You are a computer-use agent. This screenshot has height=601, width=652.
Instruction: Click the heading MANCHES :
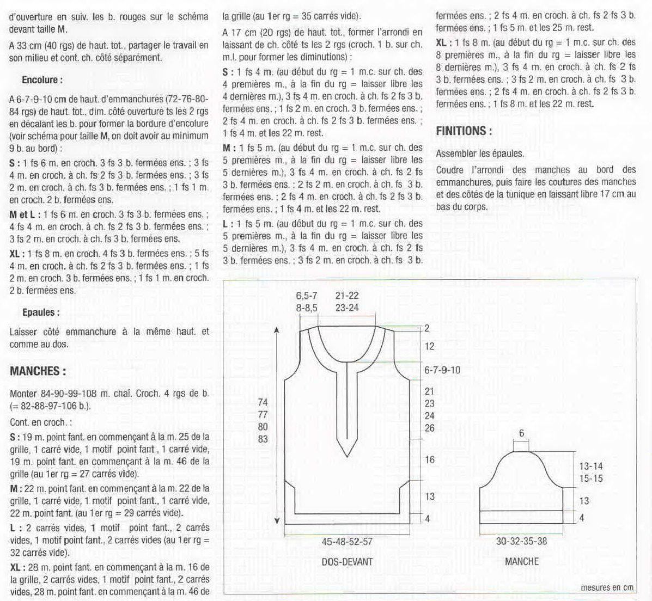(x=38, y=371)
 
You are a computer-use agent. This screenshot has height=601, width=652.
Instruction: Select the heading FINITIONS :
(x=464, y=131)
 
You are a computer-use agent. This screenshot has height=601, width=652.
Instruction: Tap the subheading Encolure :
(x=42, y=80)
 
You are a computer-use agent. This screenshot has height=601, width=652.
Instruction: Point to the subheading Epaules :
(x=41, y=312)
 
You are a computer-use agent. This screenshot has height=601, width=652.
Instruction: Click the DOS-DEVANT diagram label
(x=347, y=561)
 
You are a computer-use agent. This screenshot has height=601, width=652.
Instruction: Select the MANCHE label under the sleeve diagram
(x=521, y=561)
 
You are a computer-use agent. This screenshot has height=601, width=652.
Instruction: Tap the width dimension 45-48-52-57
(x=347, y=541)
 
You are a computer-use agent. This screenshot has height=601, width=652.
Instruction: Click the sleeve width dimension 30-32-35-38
(x=521, y=541)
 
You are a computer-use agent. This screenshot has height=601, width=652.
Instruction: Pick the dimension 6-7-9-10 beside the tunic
(x=442, y=370)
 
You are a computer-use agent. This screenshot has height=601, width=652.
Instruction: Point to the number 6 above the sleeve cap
(x=521, y=433)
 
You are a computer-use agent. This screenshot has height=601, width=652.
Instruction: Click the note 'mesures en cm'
(x=607, y=587)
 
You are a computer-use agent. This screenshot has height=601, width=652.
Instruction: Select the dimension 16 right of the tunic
(x=430, y=460)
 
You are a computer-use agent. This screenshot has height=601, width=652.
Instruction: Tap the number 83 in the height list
(x=263, y=439)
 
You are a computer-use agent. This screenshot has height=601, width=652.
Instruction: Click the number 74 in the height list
(x=263, y=403)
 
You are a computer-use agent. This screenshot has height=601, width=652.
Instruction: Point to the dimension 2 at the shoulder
(x=428, y=328)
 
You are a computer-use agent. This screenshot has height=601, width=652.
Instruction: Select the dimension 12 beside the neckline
(x=430, y=347)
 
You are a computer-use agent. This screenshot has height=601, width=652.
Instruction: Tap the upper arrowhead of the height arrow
(x=277, y=330)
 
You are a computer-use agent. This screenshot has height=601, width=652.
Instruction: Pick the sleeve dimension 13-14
(x=591, y=467)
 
